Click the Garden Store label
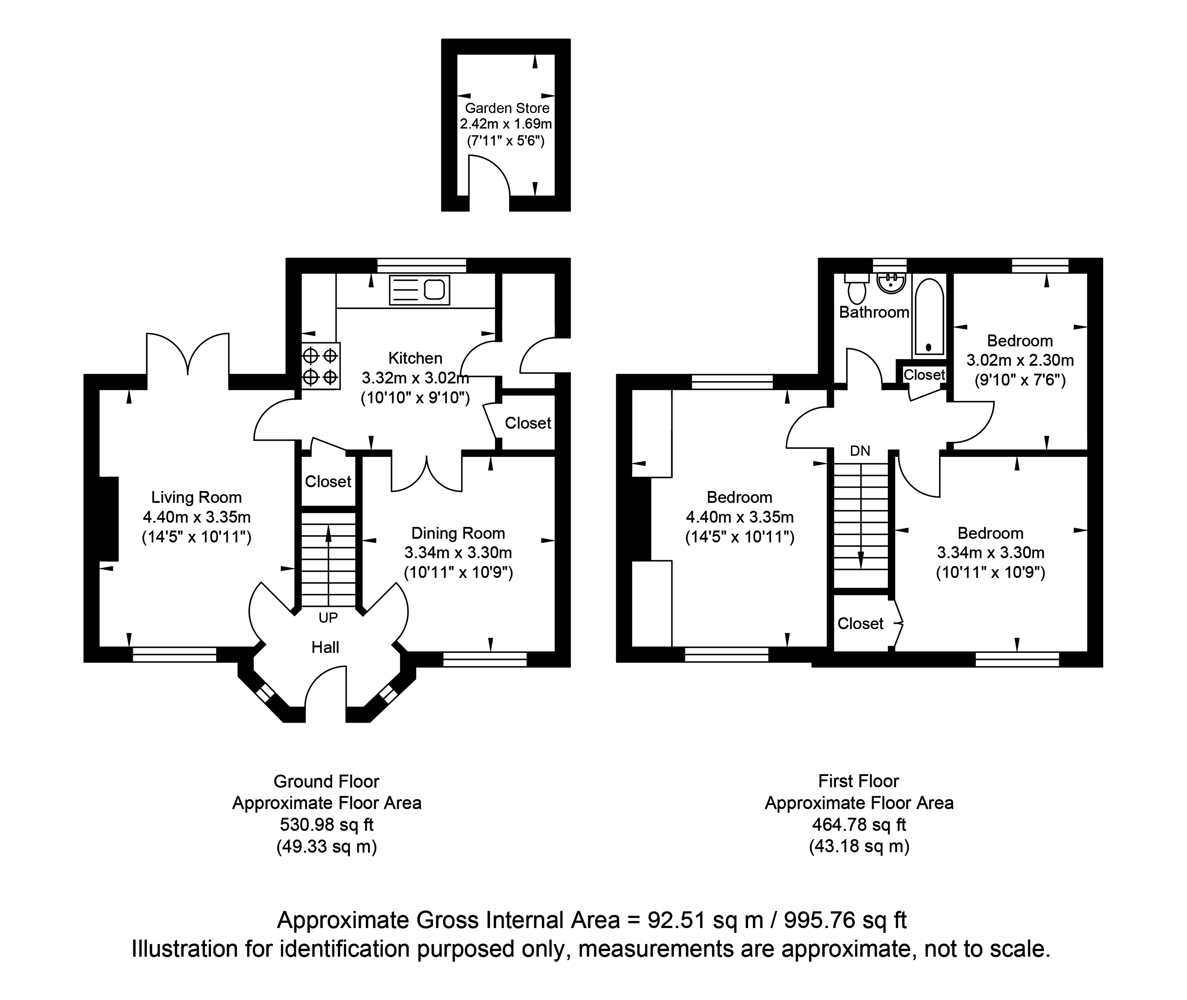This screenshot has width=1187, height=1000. click(507, 108)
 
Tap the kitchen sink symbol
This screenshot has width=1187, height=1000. click(419, 290)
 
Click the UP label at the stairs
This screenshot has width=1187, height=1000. click(328, 617)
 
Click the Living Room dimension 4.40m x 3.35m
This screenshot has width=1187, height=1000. click(197, 517)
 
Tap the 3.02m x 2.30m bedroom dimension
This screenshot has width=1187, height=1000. click(1020, 360)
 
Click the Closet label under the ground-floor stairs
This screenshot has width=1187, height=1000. click(328, 481)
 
